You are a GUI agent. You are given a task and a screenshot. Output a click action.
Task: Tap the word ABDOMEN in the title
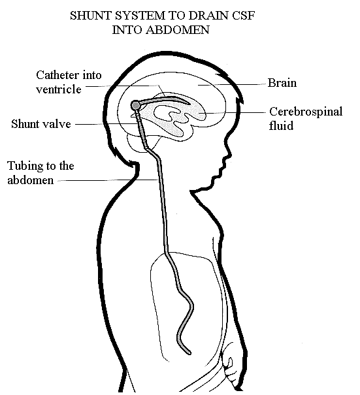pos(178,30)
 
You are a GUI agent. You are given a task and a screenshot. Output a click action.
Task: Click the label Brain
pos(282,83)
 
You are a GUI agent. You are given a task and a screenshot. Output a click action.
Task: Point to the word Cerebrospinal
pos(306,112)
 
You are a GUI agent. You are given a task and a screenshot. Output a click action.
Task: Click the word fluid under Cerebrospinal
pos(281,126)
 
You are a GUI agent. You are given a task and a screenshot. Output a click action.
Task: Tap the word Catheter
pos(57,75)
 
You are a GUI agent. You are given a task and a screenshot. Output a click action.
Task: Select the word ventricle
pos(59,89)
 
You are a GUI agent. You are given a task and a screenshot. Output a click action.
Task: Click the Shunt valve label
pos(41,124)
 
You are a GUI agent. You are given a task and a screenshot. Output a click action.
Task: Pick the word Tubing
pos(25,166)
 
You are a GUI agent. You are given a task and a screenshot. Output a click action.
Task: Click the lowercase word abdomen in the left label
pos(31,180)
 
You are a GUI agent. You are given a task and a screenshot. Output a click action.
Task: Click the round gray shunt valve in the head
pos(136,105)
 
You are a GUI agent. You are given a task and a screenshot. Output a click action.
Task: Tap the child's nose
pos(229,154)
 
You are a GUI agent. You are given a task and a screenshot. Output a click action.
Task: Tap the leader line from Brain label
pos(232,85)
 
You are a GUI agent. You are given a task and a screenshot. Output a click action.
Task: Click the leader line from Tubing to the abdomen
pos(108,180)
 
